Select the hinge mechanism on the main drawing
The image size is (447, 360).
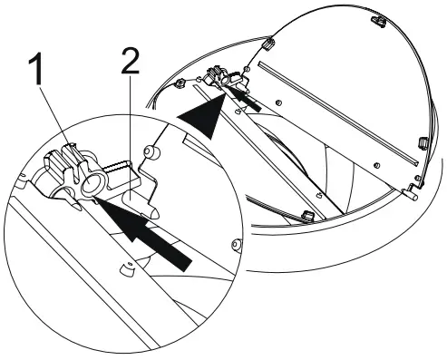220,79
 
